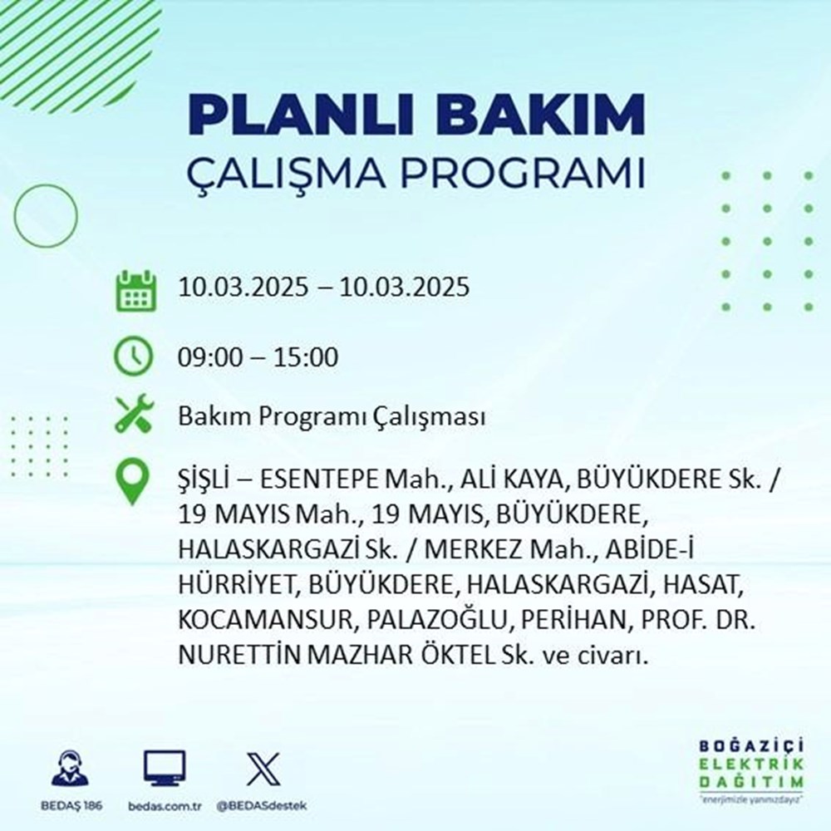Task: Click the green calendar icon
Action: point(134,289)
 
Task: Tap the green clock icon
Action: point(134,358)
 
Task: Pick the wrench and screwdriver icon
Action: point(134,415)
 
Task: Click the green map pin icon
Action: point(134,483)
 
